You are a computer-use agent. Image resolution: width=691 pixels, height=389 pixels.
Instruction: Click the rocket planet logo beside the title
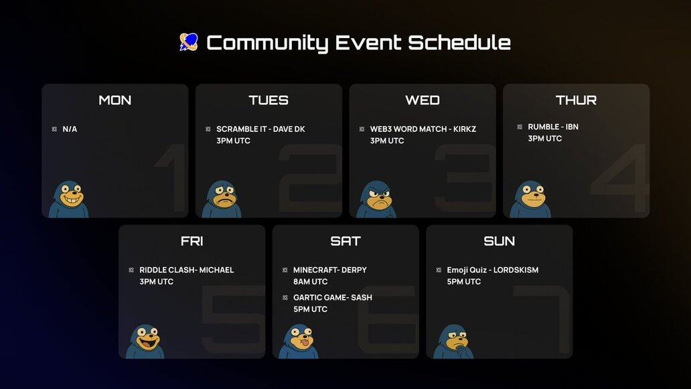pos(189,42)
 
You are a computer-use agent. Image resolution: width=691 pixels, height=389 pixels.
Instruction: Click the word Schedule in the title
pos(459,43)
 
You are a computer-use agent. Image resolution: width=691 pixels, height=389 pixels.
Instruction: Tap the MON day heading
pos(115,100)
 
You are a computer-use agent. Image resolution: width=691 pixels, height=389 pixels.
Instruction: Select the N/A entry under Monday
pos(70,129)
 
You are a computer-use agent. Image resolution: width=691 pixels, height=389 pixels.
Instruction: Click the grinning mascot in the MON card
pos(69,199)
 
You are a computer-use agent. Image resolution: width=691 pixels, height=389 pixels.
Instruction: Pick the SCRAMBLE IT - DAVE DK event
pos(260,129)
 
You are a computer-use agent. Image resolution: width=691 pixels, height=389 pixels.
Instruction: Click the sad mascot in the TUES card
pos(222,199)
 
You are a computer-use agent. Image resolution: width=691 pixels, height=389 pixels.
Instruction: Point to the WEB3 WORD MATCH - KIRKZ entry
pos(423,129)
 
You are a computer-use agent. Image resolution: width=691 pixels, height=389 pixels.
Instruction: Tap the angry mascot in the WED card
pos(376,199)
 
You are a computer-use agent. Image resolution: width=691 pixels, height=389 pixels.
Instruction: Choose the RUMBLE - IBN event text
pos(553,127)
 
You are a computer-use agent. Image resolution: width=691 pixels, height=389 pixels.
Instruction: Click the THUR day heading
pos(576,100)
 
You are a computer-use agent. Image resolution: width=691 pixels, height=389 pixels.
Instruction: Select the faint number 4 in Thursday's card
pos(620,177)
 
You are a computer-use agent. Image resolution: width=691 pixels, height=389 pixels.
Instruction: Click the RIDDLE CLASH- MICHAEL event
pos(186,270)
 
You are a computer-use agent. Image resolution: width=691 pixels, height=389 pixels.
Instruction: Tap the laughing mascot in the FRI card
pos(145,341)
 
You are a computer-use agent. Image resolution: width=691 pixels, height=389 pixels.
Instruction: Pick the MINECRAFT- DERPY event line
pos(329,270)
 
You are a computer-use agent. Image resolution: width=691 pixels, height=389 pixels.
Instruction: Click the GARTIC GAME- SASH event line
pos(333,298)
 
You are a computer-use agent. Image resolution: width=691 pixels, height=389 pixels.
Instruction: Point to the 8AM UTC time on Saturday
pos(310,281)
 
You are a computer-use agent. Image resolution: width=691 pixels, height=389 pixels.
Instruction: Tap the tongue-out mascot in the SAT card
pos(299,341)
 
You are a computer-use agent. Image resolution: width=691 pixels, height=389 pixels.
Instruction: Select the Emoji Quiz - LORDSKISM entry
pos(493,270)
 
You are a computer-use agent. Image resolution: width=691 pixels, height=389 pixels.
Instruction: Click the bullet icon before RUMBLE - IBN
pos(520,127)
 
